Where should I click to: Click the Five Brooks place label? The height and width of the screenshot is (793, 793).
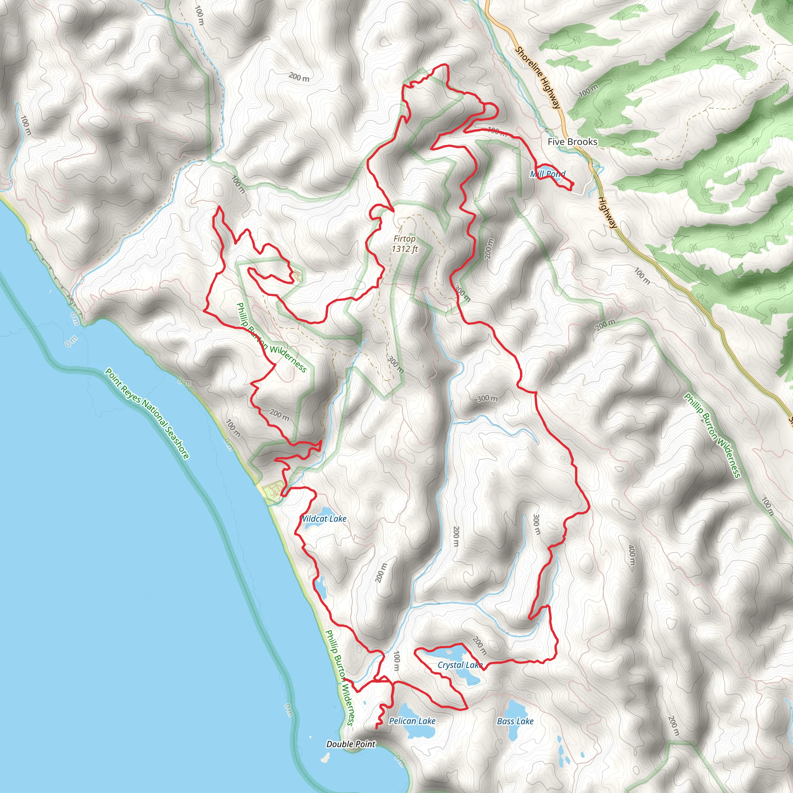coord(572,142)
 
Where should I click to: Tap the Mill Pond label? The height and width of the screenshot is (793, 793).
coord(548,174)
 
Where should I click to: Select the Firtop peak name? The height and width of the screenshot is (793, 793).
coord(404,239)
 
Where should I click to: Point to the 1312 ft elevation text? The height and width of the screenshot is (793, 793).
coord(405,249)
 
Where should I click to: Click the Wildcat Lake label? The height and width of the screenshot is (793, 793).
coord(324,519)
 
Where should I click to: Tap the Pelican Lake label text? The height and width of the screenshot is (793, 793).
coord(412,721)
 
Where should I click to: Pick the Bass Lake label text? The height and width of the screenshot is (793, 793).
coord(515,721)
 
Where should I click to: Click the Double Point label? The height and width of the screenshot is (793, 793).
coord(350,744)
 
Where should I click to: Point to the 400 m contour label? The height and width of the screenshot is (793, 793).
coord(632,554)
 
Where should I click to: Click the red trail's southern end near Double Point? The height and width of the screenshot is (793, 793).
coord(377,728)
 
